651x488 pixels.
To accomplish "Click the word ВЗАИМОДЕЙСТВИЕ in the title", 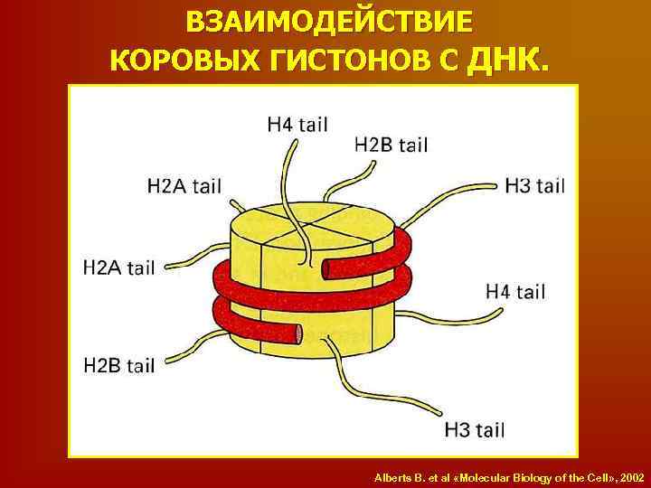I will coord(328,21).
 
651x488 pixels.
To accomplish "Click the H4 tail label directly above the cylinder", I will coord(297,125).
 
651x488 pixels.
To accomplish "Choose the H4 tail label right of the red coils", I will coord(515,291).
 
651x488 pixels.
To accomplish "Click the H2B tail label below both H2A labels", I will coord(118,365).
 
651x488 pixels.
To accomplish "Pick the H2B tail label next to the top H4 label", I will coord(392,145).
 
